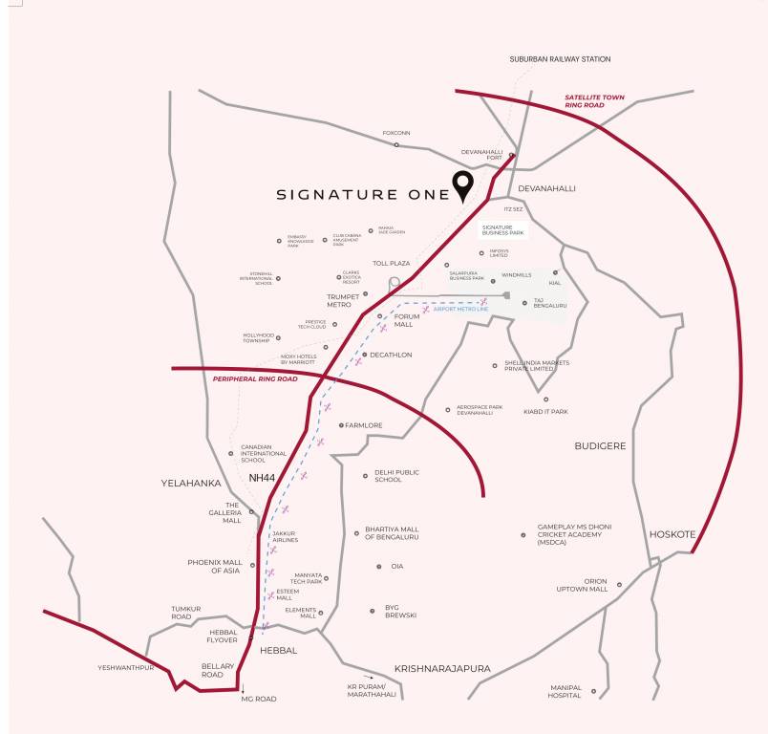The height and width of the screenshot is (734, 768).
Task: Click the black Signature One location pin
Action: coord(463,185)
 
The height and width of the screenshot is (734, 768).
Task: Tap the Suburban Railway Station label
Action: coord(560,59)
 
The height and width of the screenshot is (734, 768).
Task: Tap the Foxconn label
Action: coord(395,133)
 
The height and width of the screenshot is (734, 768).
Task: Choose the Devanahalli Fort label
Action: coord(481,155)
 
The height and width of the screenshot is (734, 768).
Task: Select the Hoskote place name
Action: coord(672,534)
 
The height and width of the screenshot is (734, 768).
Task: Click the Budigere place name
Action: coord(600,446)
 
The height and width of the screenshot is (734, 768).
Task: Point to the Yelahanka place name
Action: coord(191,484)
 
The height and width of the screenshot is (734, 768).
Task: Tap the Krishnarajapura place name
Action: coord(442,669)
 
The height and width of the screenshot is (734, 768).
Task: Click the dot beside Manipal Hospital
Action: coord(593,690)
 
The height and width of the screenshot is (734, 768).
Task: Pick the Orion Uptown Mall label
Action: coord(583,585)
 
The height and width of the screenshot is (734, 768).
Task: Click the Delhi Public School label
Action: coord(396,476)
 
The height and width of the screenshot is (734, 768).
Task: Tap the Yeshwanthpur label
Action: coord(126,667)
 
